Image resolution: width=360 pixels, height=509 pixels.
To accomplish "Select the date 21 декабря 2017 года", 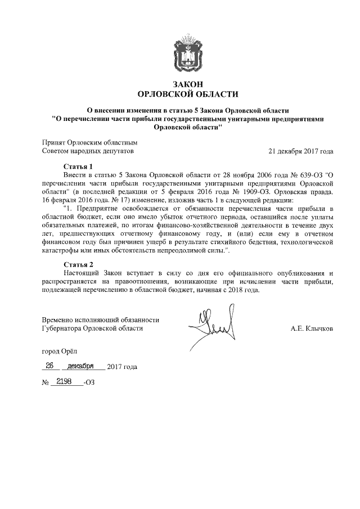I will pyautogui.click(x=301, y=151).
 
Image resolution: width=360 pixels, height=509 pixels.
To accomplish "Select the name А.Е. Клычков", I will pyautogui.click(x=312, y=328).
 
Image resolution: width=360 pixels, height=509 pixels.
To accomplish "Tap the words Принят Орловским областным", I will pyautogui.click(x=89, y=142).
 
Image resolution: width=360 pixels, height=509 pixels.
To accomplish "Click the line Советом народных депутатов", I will pyautogui.click(x=88, y=151).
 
